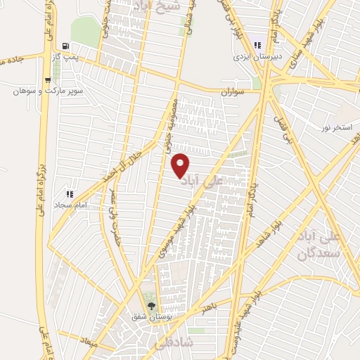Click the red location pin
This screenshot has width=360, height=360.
(x=181, y=165)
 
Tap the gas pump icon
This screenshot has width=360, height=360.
(x=65, y=44)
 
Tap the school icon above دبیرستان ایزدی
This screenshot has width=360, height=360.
(x=259, y=46)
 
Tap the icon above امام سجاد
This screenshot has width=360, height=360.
(x=69, y=193)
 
